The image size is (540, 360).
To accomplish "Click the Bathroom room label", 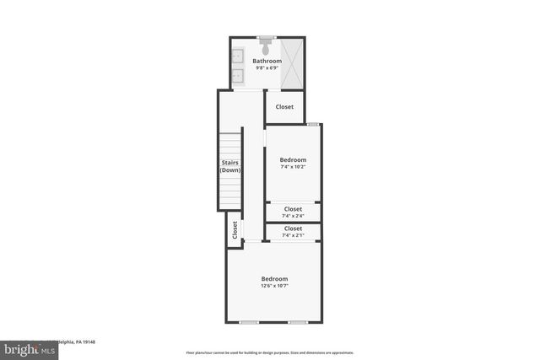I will coord(267,61).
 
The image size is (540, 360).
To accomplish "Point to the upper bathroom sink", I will coord(237,57).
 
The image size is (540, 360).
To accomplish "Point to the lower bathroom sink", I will coord(237,77).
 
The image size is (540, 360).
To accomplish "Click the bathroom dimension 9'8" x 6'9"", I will coord(267,67).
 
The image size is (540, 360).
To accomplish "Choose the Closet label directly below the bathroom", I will coord(284,107).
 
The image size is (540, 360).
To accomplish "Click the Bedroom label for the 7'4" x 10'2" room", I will coord(293,159).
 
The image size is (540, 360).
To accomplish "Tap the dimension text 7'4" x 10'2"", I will coord(293,166).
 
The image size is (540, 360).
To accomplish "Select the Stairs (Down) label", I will coord(230,166).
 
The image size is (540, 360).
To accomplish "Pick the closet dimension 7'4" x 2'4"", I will coord(293,215).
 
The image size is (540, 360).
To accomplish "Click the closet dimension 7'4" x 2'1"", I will coord(293,235).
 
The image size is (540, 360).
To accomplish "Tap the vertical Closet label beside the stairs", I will coord(235,229).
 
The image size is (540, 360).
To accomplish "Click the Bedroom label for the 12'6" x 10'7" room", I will coord(274,279).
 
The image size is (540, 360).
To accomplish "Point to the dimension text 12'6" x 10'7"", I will coord(274,286).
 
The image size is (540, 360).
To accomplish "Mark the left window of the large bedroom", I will coord(248,322).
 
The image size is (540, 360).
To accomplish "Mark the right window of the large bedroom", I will coord(297,322).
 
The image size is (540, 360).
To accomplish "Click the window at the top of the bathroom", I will coord(267,37).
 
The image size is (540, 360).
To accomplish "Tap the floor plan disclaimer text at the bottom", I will coord(270,353).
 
